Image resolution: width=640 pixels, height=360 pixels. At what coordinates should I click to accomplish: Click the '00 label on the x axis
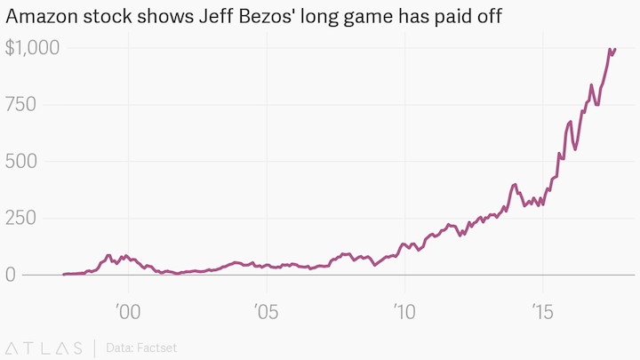click(130, 310)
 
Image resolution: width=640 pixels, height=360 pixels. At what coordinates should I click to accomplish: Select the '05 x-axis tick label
click(267, 310)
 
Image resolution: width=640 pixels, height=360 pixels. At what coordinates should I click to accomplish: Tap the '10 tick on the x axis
click(404, 310)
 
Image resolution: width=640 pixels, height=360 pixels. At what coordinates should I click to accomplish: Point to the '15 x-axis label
click(542, 310)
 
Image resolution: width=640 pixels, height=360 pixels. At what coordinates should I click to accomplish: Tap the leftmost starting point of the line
click(64, 275)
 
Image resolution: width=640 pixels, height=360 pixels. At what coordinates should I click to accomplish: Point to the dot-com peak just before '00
click(108, 255)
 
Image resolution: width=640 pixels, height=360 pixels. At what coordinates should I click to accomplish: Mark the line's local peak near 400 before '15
click(515, 184)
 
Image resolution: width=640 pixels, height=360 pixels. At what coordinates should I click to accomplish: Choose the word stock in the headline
click(108, 18)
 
